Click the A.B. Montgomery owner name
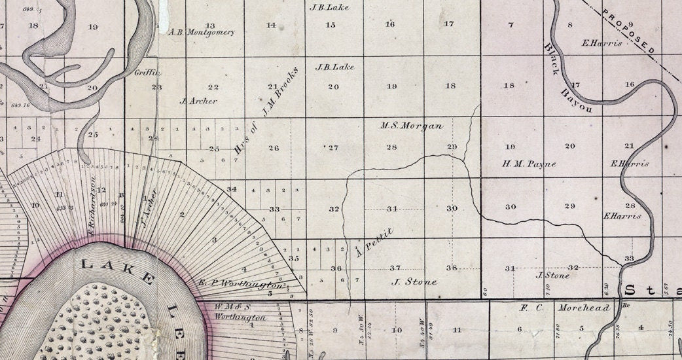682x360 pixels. pyautogui.click(x=202, y=32)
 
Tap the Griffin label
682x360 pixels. pyautogui.click(x=147, y=73)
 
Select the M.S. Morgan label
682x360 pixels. pyautogui.click(x=412, y=126)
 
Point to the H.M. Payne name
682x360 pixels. pyautogui.click(x=529, y=164)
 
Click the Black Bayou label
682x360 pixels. pyautogui.click(x=567, y=79)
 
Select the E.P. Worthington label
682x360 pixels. pyautogui.click(x=243, y=283)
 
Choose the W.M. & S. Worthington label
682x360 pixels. pyautogui.click(x=240, y=312)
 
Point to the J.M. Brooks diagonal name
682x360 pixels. pyautogui.click(x=280, y=92)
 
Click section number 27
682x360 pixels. pyautogui.click(x=332, y=148)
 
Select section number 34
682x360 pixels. pyautogui.click(x=231, y=189)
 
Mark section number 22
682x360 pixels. pyautogui.click(x=213, y=87)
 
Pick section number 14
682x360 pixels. pyautogui.click(x=271, y=26)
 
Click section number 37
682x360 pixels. pyautogui.click(x=395, y=268)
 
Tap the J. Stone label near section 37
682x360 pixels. pyautogui.click(x=414, y=282)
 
